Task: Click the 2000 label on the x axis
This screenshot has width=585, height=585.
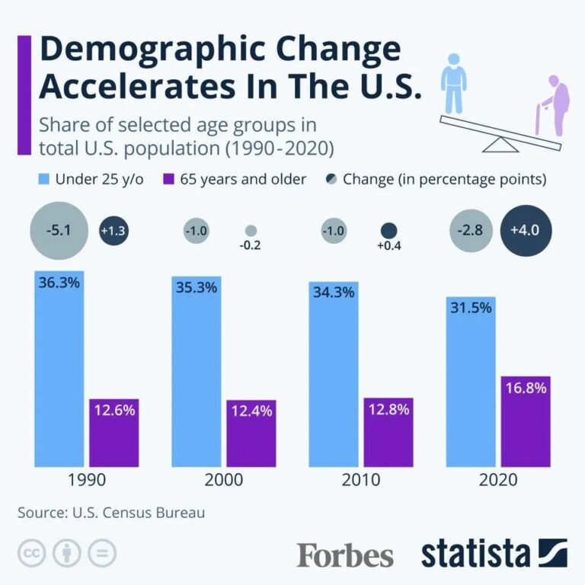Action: (224, 480)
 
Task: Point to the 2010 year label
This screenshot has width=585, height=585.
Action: (361, 480)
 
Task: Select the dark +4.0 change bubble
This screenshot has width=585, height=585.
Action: (526, 231)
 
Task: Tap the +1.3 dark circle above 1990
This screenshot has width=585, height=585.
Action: (114, 231)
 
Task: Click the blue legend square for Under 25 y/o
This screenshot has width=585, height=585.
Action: (43, 181)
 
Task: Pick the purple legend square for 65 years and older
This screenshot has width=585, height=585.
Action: (169, 181)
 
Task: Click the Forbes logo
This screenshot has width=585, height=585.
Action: (345, 555)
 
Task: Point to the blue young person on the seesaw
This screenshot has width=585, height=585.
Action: (454, 84)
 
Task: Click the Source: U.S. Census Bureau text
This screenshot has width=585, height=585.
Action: (111, 513)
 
